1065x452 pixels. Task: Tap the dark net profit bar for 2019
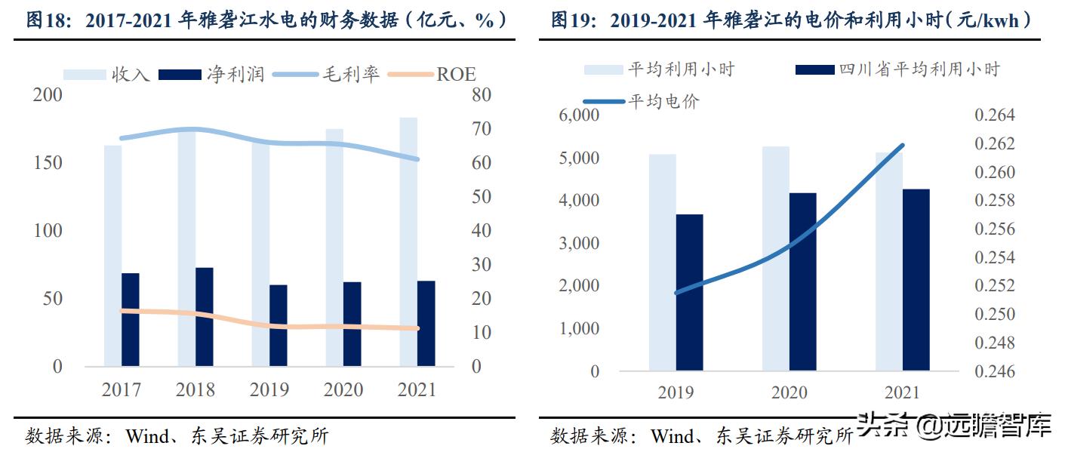click(279, 325)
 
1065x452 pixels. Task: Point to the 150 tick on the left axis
click(47, 163)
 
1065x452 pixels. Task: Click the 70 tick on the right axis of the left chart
click(482, 129)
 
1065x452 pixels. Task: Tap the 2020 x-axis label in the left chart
click(343, 389)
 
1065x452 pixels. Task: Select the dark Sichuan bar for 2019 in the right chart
click(689, 293)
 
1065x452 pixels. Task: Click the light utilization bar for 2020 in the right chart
click(775, 258)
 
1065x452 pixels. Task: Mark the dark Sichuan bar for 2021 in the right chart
click(916, 280)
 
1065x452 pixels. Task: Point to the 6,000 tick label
click(577, 115)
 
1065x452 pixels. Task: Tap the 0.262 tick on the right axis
click(994, 144)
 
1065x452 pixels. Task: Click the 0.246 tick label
click(994, 371)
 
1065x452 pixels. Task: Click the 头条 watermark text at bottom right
click(882, 426)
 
